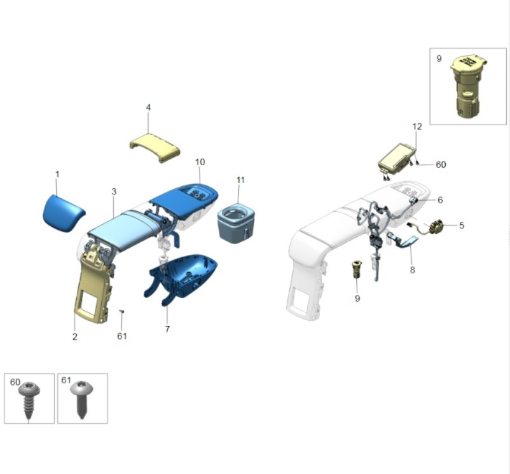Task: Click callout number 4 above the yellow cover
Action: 148,107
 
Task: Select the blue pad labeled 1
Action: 64,213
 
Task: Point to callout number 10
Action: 200,162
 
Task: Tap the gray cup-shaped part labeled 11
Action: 235,223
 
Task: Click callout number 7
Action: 167,329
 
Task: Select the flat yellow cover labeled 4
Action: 155,147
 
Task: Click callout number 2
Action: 75,337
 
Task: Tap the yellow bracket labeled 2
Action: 93,283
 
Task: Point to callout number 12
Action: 417,126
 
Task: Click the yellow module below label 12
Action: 396,159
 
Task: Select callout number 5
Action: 462,225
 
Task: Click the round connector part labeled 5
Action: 437,226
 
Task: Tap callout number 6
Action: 440,200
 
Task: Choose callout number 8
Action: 413,269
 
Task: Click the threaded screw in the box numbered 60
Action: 29,401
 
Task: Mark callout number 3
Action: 114,192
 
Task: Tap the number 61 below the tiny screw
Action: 122,336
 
